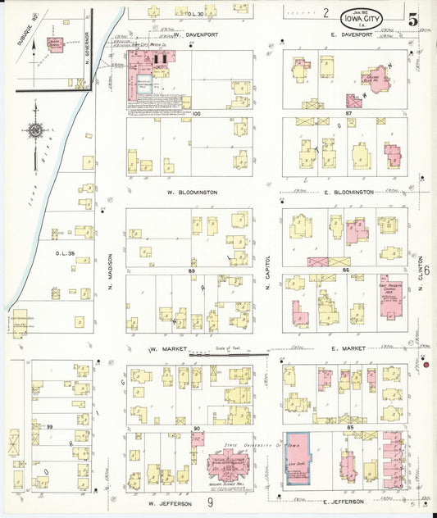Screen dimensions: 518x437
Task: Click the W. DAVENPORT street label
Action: point(191,35)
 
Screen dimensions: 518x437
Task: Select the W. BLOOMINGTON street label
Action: point(192,192)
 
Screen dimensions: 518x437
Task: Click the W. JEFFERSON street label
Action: point(170,502)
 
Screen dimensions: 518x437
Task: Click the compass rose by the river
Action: point(35,130)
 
